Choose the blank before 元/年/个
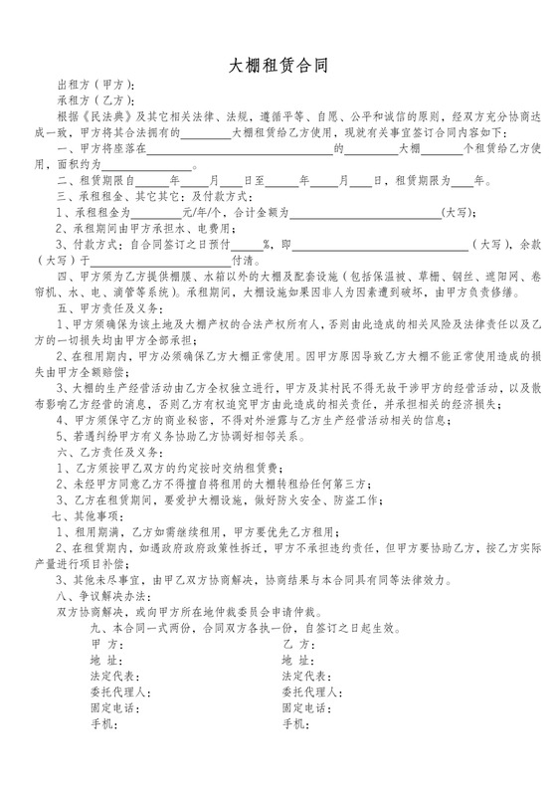tap(157, 213)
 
